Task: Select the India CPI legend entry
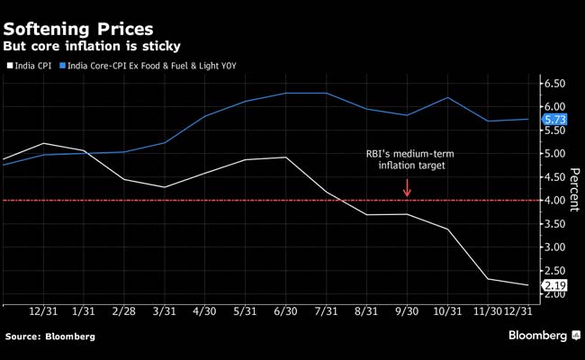(33, 65)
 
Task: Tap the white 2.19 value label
(555, 286)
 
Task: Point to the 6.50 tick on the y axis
(554, 84)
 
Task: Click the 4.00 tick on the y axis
(554, 201)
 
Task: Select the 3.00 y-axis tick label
(554, 247)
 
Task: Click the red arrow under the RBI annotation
(407, 187)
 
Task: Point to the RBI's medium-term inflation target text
(407, 158)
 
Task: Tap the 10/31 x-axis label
(447, 311)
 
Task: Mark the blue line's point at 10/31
(447, 97)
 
